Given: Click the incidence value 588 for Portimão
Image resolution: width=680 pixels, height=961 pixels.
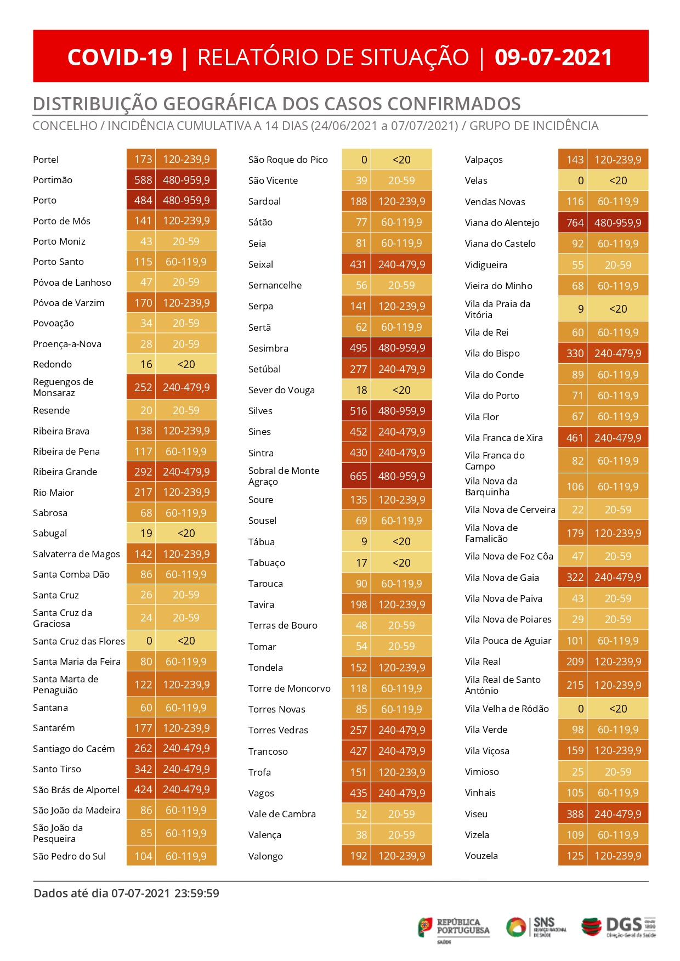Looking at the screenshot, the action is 143,180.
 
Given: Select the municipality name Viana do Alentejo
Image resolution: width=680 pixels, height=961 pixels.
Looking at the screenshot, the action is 502,223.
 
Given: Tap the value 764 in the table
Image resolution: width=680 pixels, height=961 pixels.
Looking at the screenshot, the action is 575,223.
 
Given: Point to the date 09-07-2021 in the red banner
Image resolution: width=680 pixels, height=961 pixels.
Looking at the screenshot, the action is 553,57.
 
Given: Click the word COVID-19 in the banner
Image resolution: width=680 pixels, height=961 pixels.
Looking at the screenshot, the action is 120,57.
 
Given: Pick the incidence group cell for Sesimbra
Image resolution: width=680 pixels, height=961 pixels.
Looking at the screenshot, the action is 401,348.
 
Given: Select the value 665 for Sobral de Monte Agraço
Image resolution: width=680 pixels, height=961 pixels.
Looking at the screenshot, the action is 358,476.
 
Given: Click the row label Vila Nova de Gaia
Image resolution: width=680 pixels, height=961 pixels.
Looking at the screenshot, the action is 502,578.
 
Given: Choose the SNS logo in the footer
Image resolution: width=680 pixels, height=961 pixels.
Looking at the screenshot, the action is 536,927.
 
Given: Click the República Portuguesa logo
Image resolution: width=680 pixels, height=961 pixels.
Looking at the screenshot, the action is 454,929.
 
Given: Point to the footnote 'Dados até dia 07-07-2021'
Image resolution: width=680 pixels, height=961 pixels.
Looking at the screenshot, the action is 102,893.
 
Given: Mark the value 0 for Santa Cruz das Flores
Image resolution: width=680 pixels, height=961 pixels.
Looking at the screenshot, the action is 149,641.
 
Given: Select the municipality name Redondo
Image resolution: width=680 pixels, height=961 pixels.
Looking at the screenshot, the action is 52,364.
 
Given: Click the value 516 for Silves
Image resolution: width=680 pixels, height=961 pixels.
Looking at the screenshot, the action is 358,411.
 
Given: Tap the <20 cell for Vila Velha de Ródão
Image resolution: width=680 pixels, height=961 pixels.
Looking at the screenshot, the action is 618,709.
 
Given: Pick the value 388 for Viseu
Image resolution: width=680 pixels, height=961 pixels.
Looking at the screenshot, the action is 575,814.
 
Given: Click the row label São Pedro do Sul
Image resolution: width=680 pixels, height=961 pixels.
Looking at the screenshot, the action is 69,856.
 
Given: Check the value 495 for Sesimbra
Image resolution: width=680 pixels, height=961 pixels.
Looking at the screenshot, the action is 358,348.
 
